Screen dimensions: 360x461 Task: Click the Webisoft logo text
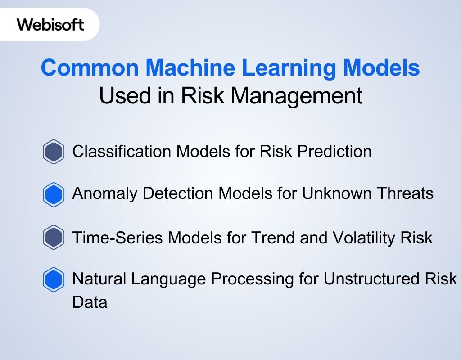50,24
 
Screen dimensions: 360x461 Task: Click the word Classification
122,152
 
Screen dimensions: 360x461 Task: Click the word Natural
99,279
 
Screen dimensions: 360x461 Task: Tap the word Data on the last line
90,302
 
